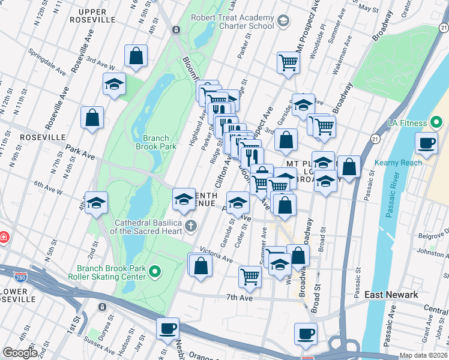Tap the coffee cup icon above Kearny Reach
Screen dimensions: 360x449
(427, 143)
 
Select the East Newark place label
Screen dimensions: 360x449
(391, 295)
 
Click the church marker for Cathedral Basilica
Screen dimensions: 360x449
(190, 226)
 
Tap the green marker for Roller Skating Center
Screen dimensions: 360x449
(155, 272)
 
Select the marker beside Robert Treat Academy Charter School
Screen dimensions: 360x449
(284, 22)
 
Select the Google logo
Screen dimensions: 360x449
(20, 352)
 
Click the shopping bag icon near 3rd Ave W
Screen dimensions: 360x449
(136, 56)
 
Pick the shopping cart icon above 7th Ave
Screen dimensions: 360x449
(250, 277)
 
